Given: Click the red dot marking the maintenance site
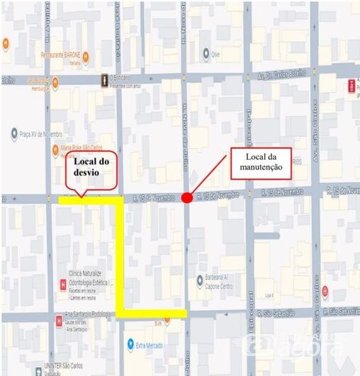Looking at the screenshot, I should [x=186, y=197].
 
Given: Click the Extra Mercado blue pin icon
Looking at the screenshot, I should [x=130, y=344].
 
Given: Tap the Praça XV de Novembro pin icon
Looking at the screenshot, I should [x=14, y=133].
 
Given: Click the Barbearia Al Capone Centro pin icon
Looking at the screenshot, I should [x=199, y=280].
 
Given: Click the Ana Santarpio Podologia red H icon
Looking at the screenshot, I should [x=57, y=321].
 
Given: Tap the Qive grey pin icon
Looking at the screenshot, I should [x=206, y=53].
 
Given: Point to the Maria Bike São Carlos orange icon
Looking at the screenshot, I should [x=55, y=150].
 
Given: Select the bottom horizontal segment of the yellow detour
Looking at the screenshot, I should [x=152, y=313].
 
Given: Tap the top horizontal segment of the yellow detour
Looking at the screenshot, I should [x=90, y=201].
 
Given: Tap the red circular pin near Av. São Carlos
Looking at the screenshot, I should [x=325, y=290].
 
